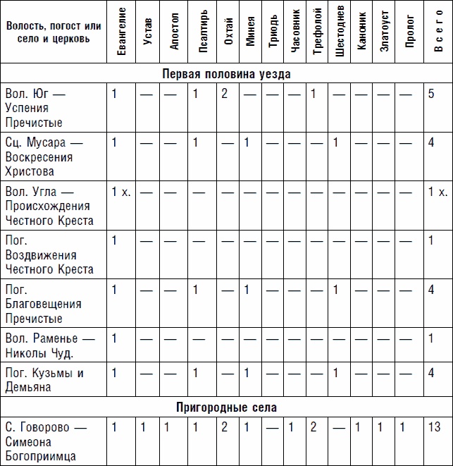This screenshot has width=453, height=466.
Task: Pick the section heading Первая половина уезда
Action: point(226,73)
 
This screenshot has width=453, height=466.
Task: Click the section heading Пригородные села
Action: point(226,407)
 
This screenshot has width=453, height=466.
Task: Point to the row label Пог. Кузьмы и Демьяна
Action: point(44,380)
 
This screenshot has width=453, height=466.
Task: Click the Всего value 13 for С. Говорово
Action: point(434,427)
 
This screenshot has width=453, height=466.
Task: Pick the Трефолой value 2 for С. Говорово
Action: point(313,427)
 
